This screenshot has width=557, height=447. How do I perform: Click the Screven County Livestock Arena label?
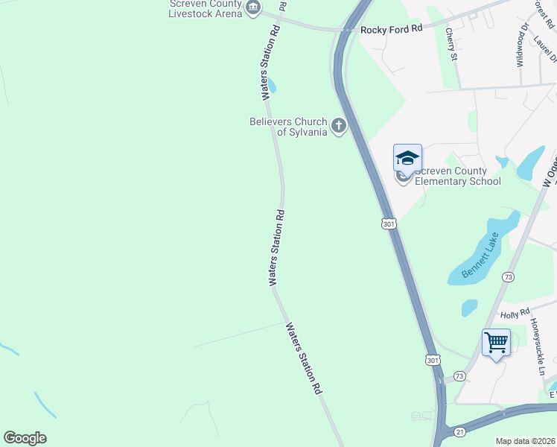coord(206,8)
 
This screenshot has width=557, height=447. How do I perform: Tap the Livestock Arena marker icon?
coord(252,8)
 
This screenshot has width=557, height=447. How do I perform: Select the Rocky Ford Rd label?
coord(391,28)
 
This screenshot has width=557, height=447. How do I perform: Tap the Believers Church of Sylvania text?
coord(288,127)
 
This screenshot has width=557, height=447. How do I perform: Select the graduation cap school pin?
coord(407,158)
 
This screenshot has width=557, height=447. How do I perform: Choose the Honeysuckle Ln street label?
coord(538,347)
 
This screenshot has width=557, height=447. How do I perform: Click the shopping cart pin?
coord(496,343)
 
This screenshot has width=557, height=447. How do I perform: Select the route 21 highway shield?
coord(459,431)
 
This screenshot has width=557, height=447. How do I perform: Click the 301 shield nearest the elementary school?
coord(389,223)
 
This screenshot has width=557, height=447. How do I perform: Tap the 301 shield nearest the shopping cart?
coord(433,360)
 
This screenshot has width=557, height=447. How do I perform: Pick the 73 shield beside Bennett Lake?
coord(508,276)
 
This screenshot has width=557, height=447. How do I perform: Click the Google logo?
coord(25,438)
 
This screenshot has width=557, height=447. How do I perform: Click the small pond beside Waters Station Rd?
coord(271,86)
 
